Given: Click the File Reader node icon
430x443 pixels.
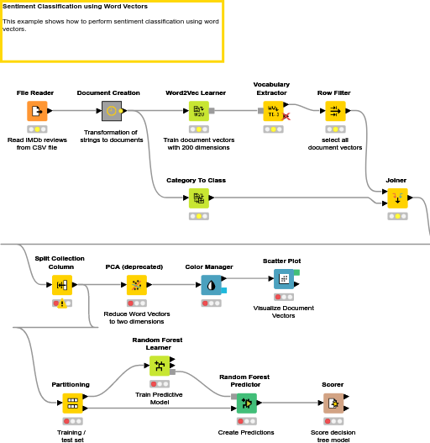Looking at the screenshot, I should (36, 110).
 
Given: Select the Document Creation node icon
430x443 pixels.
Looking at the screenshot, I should (111, 110).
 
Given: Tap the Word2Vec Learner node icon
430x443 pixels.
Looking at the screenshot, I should (198, 110).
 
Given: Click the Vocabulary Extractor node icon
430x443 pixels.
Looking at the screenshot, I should (272, 110).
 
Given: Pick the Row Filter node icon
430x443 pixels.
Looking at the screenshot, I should (335, 110).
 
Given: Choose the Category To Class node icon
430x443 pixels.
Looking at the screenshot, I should (198, 198).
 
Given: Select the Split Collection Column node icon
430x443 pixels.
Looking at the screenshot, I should (61, 284).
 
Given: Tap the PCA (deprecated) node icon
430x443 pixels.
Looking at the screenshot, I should (136, 284).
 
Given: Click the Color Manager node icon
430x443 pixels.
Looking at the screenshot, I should (211, 284).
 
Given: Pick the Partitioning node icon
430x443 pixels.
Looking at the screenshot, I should (71, 403).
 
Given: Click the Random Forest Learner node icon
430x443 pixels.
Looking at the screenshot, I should (159, 366).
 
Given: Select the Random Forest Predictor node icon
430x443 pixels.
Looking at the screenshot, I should (246, 403).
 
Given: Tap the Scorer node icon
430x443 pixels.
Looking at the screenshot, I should (333, 403).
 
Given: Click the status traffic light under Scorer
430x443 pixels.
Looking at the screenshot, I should (333, 421).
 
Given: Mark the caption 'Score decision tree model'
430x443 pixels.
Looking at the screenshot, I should (333, 436).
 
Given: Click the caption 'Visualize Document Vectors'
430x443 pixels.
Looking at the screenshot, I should (284, 312).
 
